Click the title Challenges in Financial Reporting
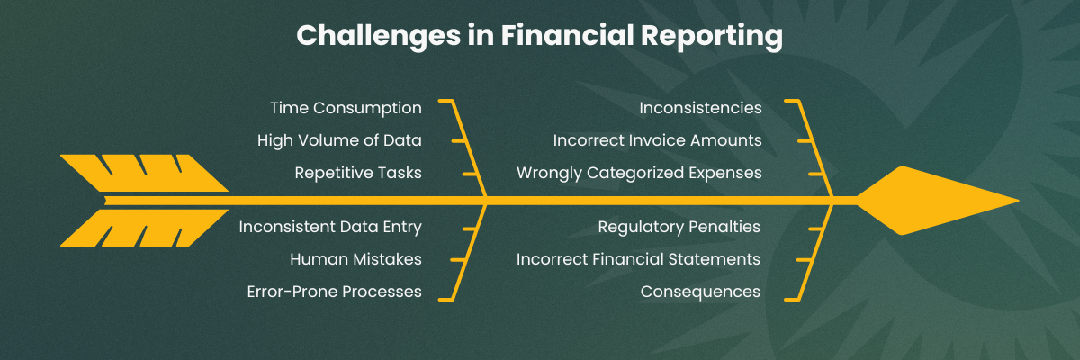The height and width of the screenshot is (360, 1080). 539,35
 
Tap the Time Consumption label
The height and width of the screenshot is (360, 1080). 346,108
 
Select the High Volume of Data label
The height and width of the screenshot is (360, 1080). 339,140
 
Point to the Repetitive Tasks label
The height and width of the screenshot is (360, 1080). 358,173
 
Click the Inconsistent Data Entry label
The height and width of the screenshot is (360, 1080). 330,227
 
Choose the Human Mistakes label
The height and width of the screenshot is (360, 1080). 355,259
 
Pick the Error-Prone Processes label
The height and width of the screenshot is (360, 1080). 334,292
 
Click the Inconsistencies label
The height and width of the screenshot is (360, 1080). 700,108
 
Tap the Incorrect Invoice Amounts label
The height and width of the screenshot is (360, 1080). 657,140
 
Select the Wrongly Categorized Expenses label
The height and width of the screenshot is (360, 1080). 639,173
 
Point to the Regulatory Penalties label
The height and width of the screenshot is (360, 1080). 679,227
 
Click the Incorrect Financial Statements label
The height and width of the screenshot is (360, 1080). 638,259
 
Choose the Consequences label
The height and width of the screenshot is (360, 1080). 700,292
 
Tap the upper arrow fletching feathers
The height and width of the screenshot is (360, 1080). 144,173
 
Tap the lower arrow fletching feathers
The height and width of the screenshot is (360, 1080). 144,228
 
